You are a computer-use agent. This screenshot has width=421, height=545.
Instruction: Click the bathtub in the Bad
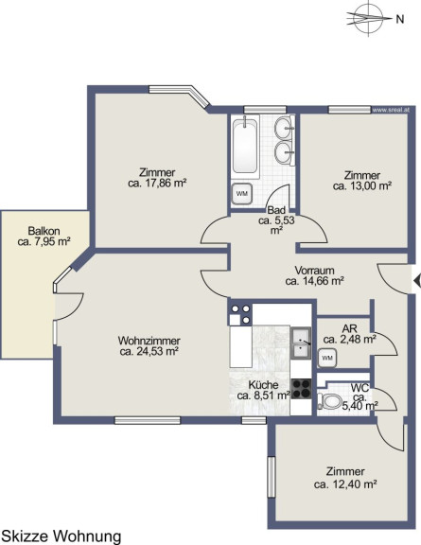[x=245, y=147]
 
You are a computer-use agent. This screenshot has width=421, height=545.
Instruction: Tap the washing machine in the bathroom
[x=242, y=193]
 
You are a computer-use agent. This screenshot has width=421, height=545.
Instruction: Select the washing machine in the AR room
[x=327, y=359]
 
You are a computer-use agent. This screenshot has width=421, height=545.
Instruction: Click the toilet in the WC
[x=329, y=402]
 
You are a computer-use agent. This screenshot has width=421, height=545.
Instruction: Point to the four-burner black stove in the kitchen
[x=301, y=389]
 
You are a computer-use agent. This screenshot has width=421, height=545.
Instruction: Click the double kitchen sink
[x=301, y=343]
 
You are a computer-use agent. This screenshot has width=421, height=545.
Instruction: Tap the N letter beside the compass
[x=400, y=20]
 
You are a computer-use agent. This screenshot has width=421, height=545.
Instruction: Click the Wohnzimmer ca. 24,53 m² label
[x=149, y=346]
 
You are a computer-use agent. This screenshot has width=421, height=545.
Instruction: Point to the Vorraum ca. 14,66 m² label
[x=315, y=275]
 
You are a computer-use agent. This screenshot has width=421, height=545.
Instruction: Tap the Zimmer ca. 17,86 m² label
[x=157, y=178]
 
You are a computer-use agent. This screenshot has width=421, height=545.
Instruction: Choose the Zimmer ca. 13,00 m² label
[x=362, y=181]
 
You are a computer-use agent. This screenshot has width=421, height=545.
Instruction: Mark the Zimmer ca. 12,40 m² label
[x=345, y=478]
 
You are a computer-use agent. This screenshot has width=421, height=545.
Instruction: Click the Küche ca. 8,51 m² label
[x=264, y=390]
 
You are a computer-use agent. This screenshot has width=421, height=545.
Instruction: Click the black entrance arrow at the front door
[x=417, y=281]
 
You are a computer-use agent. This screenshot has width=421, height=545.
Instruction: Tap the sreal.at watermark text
[x=391, y=110]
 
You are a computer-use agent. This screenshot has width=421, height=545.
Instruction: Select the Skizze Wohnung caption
[x=61, y=536]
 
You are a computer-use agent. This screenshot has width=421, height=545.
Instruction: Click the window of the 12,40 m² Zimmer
[x=272, y=477]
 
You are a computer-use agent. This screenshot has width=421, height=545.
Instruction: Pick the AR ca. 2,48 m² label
[x=349, y=334]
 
